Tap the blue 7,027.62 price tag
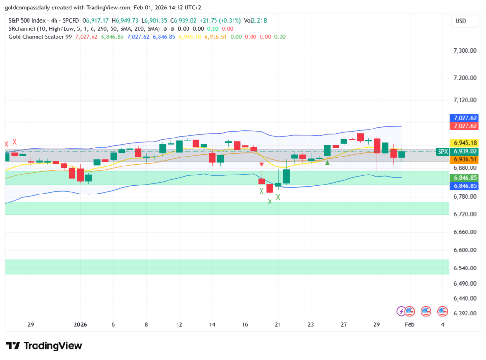coord(465,118)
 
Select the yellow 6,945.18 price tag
coord(465,142)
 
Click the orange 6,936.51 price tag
coord(465,160)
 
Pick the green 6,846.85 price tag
coord(465,177)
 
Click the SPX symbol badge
coord(443,151)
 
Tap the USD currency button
coord(460,21)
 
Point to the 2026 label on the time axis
coord(80,325)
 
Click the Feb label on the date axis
coord(409,325)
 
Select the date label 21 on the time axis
coord(278,325)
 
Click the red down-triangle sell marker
coord(262,165)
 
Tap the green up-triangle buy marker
coord(327,163)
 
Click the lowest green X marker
coord(270,202)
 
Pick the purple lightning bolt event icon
coord(402,311)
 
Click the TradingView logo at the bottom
coord(44,346)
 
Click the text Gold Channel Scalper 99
coord(40,37)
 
